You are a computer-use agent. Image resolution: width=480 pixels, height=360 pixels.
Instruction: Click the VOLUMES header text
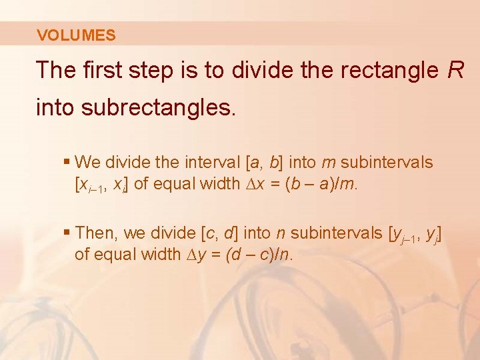(x=76, y=36)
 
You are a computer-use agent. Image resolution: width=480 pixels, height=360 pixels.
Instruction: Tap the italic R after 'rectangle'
(x=455, y=70)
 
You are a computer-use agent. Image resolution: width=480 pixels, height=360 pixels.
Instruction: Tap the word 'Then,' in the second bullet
(x=96, y=233)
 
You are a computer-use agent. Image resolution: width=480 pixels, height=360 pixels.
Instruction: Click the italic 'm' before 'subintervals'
(x=328, y=162)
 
